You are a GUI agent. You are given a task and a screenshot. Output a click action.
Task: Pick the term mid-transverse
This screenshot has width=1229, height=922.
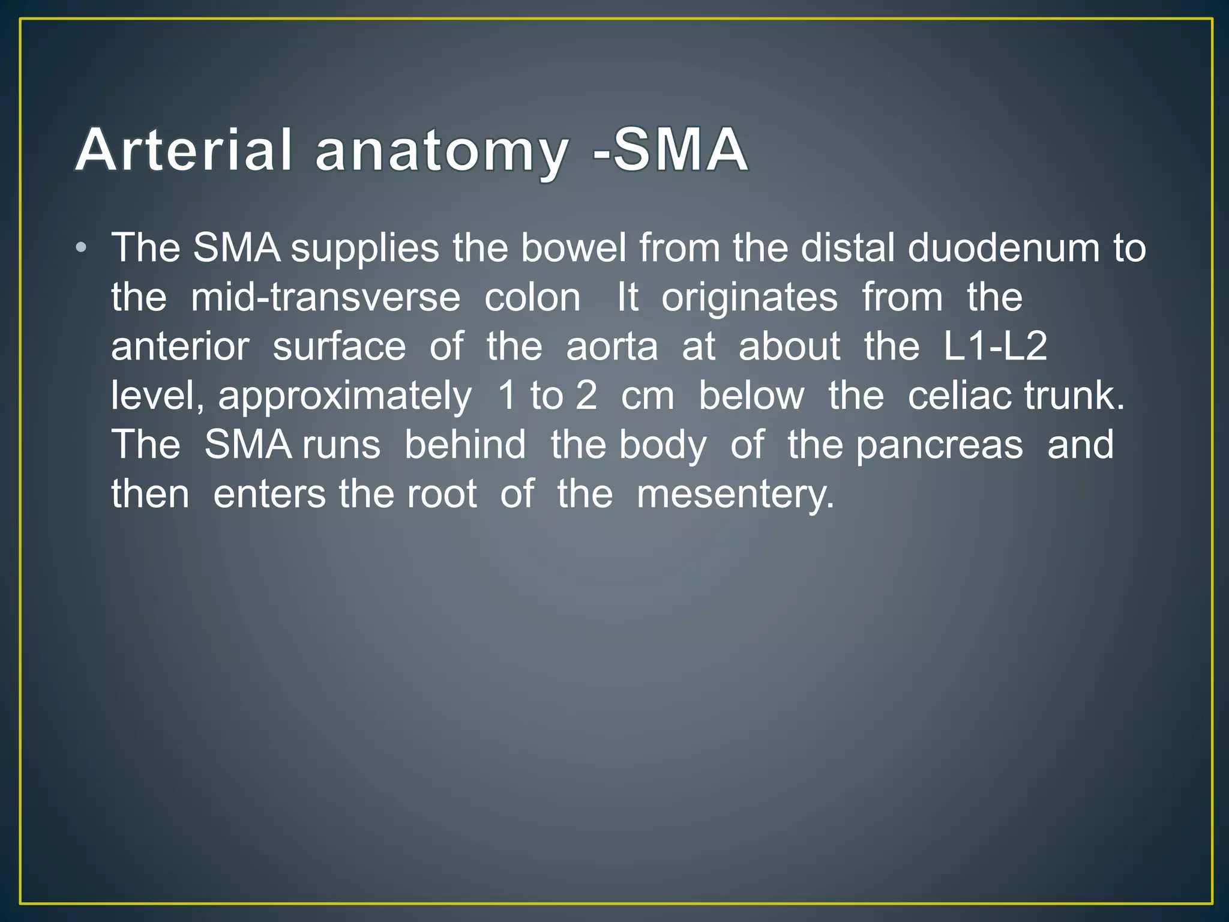click(x=325, y=298)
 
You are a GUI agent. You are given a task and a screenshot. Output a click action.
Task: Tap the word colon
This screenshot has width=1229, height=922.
click(x=532, y=298)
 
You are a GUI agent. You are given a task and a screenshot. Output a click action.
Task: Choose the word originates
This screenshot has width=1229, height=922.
click(x=750, y=298)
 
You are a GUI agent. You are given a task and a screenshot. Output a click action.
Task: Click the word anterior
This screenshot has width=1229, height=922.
click(x=180, y=347)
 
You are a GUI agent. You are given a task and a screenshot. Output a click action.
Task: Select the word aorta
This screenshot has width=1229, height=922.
click(x=611, y=347)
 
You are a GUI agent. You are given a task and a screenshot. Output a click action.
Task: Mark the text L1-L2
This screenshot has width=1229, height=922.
click(x=995, y=347)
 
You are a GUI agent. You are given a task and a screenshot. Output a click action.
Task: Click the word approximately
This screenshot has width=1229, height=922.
click(x=345, y=397)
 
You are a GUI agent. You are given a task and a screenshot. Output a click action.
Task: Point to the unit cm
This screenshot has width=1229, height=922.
click(x=648, y=397)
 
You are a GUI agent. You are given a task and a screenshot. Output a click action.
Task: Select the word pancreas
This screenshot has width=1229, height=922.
click(x=939, y=446)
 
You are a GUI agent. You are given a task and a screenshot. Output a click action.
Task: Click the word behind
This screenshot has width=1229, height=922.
click(x=465, y=445)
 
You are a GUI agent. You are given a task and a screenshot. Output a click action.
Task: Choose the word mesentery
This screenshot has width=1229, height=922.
click(x=735, y=495)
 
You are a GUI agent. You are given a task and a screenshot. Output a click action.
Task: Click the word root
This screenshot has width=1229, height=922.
click(x=442, y=495)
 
